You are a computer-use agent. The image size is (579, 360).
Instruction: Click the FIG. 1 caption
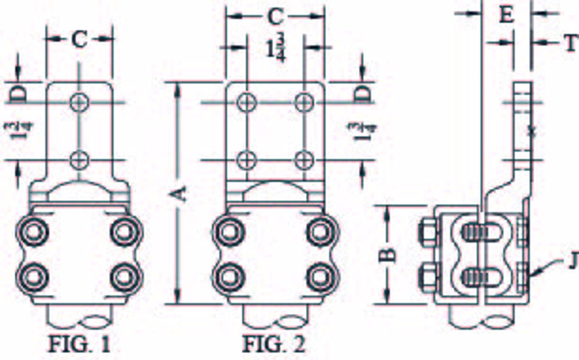click(x=79, y=345)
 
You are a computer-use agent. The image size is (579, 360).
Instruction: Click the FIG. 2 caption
click(x=274, y=345)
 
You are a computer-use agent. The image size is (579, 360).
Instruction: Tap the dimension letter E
click(x=506, y=15)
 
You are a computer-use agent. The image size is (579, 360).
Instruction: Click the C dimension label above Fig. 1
click(x=79, y=40)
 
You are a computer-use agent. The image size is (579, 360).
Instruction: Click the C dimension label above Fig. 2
click(x=275, y=16)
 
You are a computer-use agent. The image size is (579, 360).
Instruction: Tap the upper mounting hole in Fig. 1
click(x=79, y=102)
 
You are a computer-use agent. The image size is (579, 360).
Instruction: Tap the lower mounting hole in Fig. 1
click(x=79, y=159)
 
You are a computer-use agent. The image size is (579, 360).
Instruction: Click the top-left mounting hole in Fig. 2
click(x=247, y=102)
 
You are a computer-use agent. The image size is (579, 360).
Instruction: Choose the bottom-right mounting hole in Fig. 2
click(x=304, y=159)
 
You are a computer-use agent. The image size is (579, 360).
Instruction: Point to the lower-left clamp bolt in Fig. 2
click(x=227, y=277)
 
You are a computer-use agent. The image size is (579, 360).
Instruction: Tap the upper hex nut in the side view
click(x=427, y=232)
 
